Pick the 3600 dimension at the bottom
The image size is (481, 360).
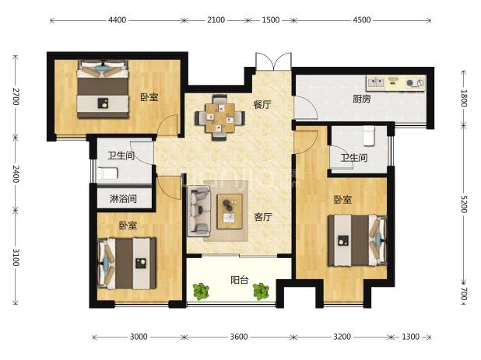pyautogui.click(x=239, y=337)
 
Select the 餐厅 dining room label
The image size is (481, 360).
pyautogui.click(x=262, y=104)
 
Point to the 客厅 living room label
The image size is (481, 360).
pyautogui.click(x=262, y=217)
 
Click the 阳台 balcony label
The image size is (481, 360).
pyautogui.click(x=240, y=281)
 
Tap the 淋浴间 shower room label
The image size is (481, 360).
pyautogui.click(x=123, y=199)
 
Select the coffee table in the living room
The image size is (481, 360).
pyautogui.click(x=230, y=210)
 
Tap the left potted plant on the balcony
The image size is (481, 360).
pyautogui.click(x=202, y=292)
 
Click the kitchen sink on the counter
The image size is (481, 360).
pyautogui.click(x=377, y=81)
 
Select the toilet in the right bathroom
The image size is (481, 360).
pyautogui.click(x=370, y=135)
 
